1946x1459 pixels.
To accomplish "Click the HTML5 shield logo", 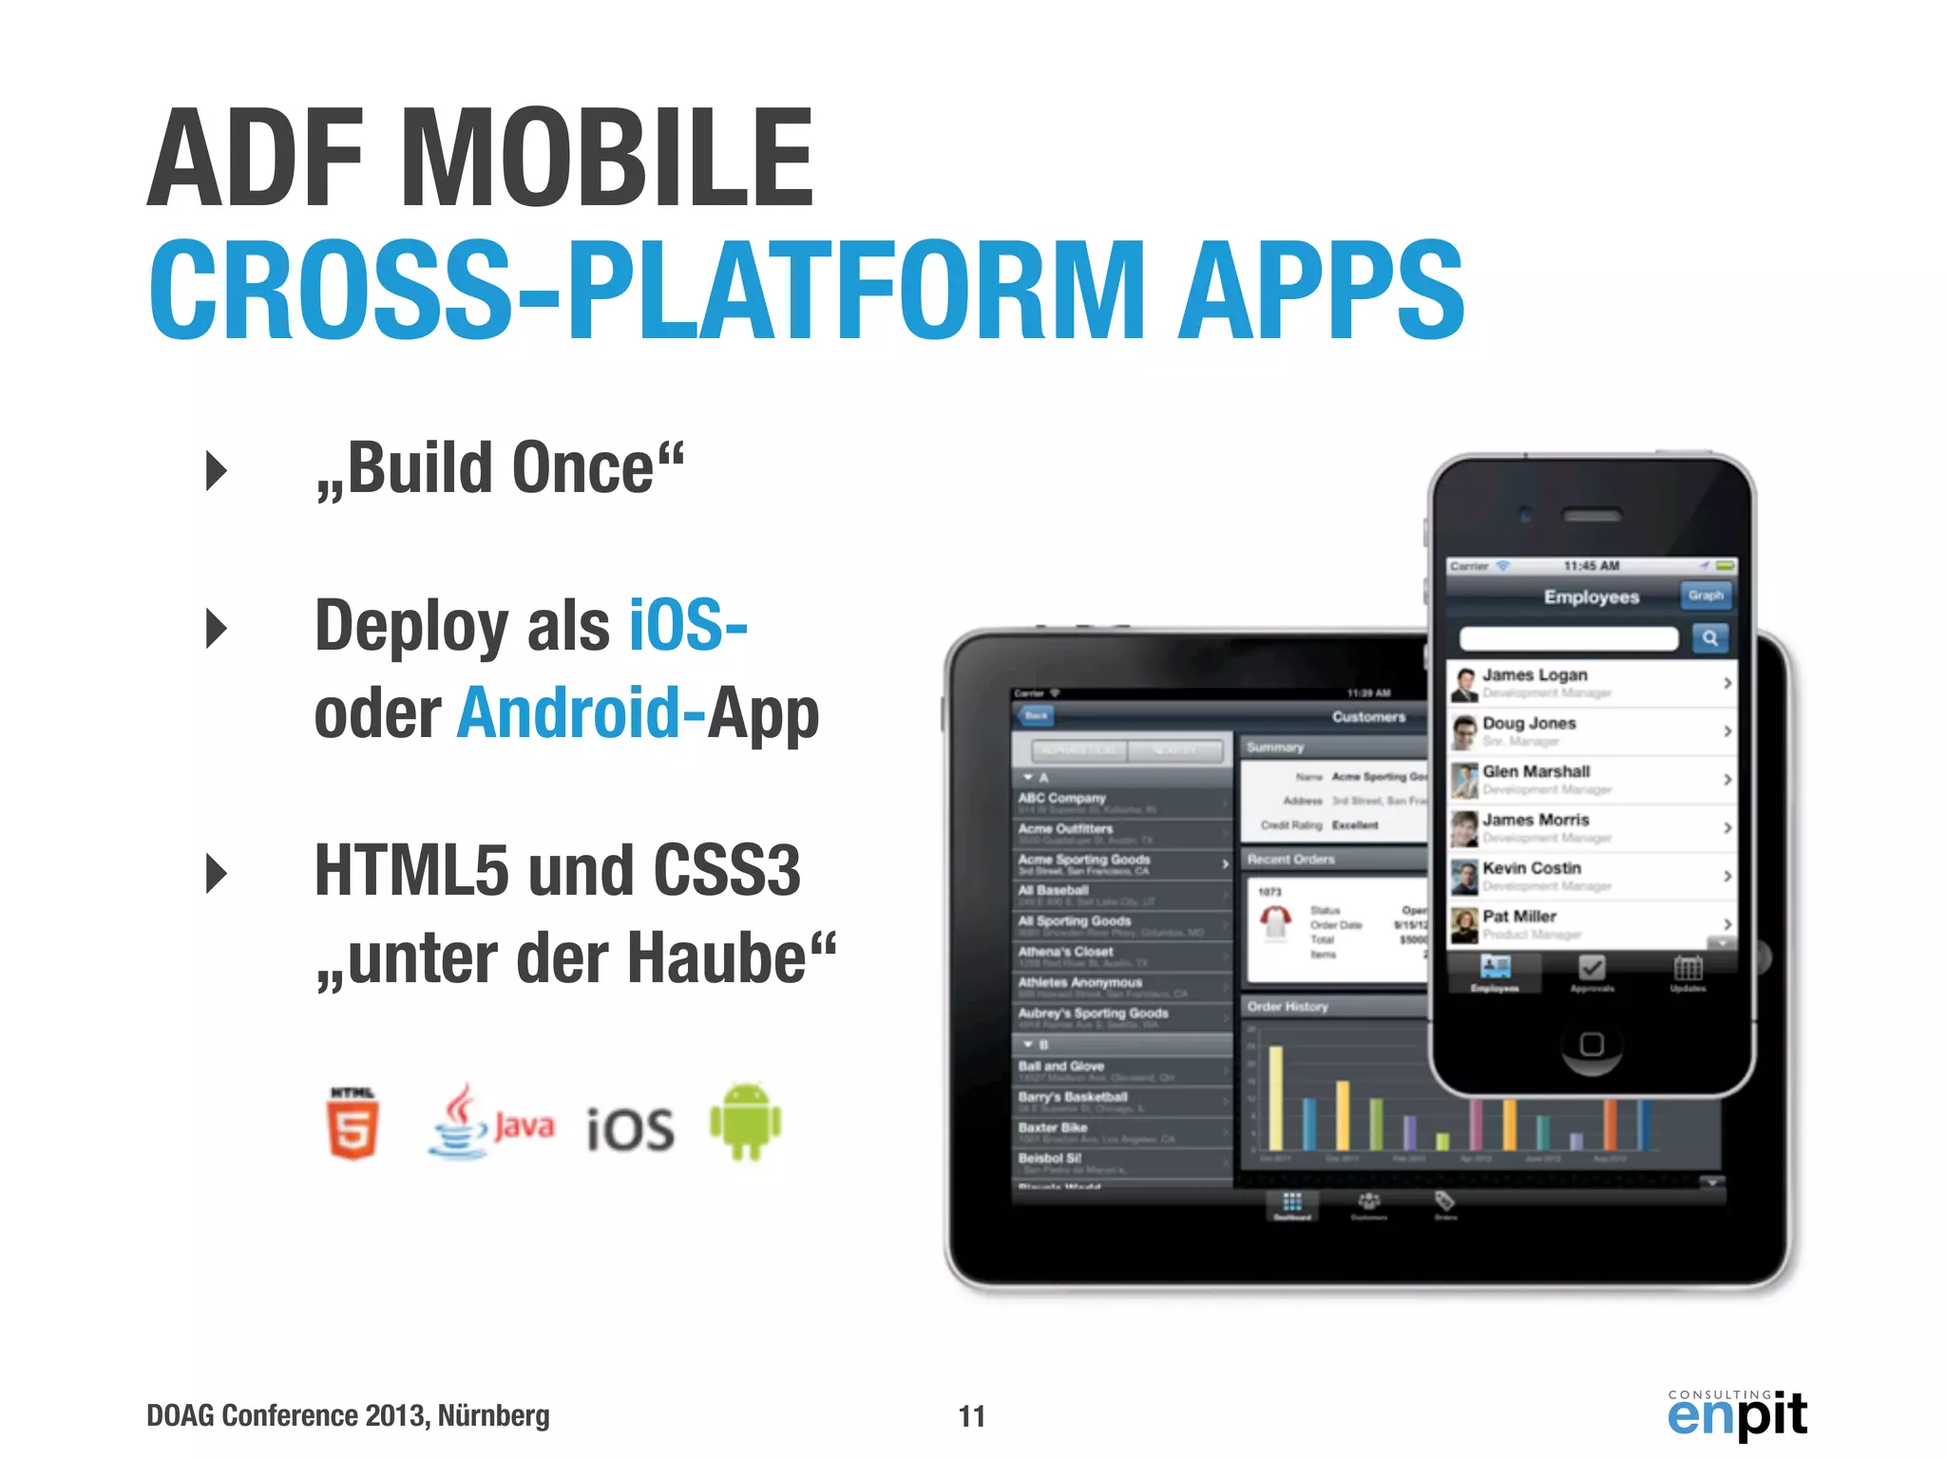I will [x=353, y=1123].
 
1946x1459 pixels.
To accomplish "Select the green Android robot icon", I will [x=745, y=1121].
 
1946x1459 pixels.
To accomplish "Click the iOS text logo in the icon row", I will [x=631, y=1129].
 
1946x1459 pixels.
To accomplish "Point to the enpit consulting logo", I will [x=1737, y=1413].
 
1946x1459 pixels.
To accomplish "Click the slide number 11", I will [x=971, y=1416].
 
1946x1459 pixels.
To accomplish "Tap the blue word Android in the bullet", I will [x=568, y=712].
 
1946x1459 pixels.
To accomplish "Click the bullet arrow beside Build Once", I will [x=217, y=470].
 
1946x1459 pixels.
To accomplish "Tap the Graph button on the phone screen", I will [x=1706, y=596].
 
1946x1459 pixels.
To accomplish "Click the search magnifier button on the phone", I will [x=1709, y=638].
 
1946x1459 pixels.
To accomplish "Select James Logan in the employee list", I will [x=1535, y=675].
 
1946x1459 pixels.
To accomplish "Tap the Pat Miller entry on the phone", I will [x=1519, y=917].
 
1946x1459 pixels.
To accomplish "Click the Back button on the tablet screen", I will [x=1036, y=715].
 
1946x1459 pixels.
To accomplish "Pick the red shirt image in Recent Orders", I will [x=1275, y=920].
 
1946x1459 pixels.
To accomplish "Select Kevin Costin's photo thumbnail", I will [x=1464, y=876].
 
